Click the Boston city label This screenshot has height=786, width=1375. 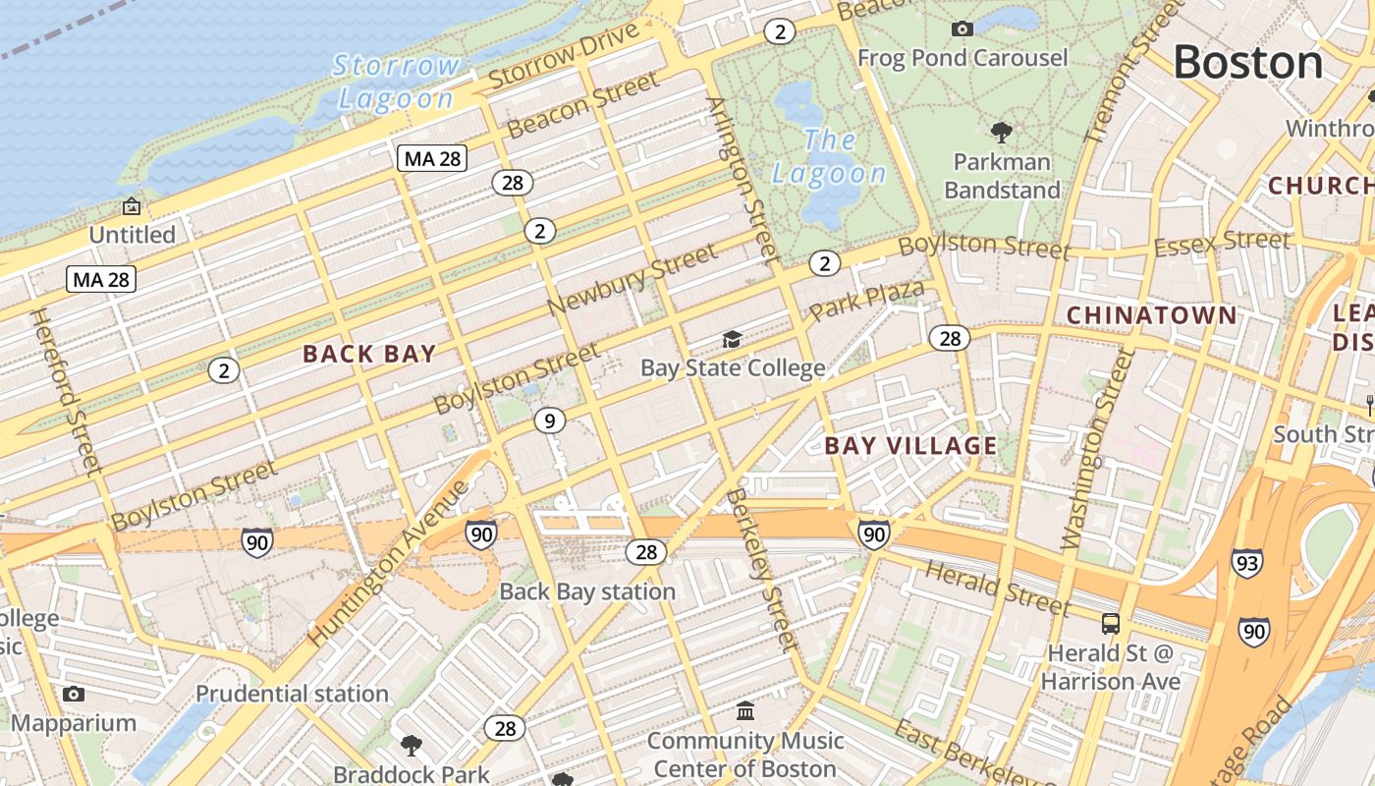tap(1248, 63)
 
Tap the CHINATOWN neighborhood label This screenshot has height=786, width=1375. tap(1151, 315)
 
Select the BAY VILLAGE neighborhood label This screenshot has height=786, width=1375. tap(910, 446)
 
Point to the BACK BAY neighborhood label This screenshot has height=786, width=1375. tap(369, 354)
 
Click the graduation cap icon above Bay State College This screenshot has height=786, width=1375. tap(732, 340)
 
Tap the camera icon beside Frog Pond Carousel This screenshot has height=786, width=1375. tap(962, 29)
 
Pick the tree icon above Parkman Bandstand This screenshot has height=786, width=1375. tap(1002, 132)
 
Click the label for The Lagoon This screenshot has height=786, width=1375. tap(829, 157)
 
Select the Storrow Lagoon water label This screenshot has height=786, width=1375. tap(396, 83)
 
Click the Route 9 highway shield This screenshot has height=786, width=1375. tap(550, 421)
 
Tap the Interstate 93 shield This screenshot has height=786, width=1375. tap(1246, 563)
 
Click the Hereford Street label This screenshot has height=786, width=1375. tap(67, 390)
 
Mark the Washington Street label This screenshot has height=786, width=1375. tap(1098, 450)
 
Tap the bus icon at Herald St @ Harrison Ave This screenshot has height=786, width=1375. tap(1111, 624)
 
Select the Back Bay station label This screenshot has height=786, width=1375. tap(587, 591)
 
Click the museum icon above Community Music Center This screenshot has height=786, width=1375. tap(745, 710)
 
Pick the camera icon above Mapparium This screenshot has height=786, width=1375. tap(73, 695)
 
